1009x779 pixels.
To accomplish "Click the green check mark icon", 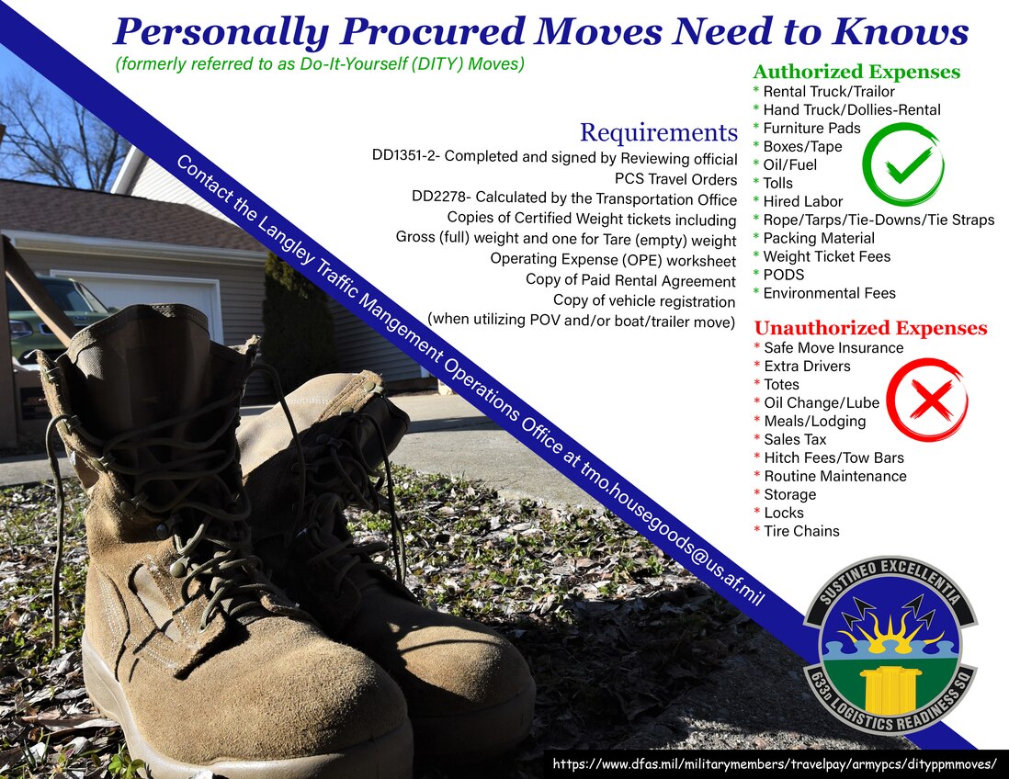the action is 903,164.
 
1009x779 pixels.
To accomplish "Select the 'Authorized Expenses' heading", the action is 856,72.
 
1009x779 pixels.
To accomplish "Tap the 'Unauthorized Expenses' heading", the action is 870,328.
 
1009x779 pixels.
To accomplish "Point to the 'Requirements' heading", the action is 658,132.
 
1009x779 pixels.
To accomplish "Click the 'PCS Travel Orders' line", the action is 675,179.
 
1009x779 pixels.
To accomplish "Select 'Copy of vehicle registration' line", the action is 644,300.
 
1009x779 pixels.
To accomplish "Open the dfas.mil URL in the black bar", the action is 775,764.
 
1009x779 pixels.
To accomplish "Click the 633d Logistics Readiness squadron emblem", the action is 890,645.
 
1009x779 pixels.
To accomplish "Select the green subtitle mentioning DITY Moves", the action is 320,64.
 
